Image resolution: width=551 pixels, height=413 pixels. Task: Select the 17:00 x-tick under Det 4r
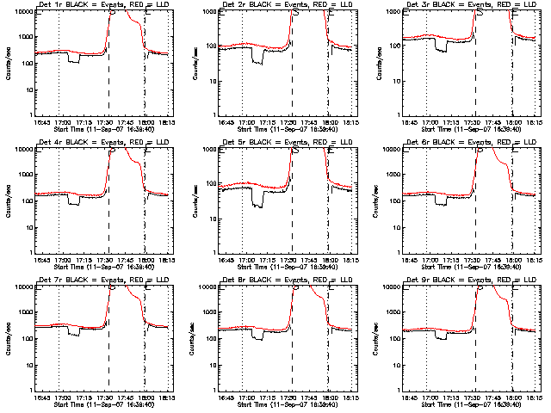point(63,261)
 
